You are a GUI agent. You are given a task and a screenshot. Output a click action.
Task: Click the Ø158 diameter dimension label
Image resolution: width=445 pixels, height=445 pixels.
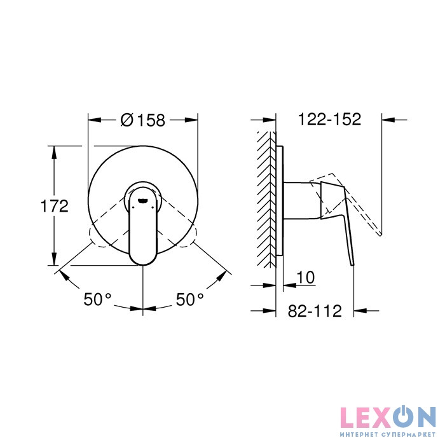point(143,120)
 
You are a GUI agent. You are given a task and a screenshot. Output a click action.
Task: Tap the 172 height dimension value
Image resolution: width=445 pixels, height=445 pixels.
point(55,206)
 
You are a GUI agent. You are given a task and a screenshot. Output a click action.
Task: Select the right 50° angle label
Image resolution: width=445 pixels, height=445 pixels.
point(190,299)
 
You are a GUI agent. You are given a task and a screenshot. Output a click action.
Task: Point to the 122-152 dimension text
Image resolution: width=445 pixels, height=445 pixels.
point(329,120)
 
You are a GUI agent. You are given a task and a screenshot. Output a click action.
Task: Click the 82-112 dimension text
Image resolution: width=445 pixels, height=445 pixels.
point(315,311)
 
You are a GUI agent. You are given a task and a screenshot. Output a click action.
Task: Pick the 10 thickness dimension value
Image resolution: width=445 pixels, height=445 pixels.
point(306,277)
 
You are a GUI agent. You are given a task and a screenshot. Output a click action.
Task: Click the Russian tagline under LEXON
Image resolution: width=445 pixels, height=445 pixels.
point(388,434)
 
